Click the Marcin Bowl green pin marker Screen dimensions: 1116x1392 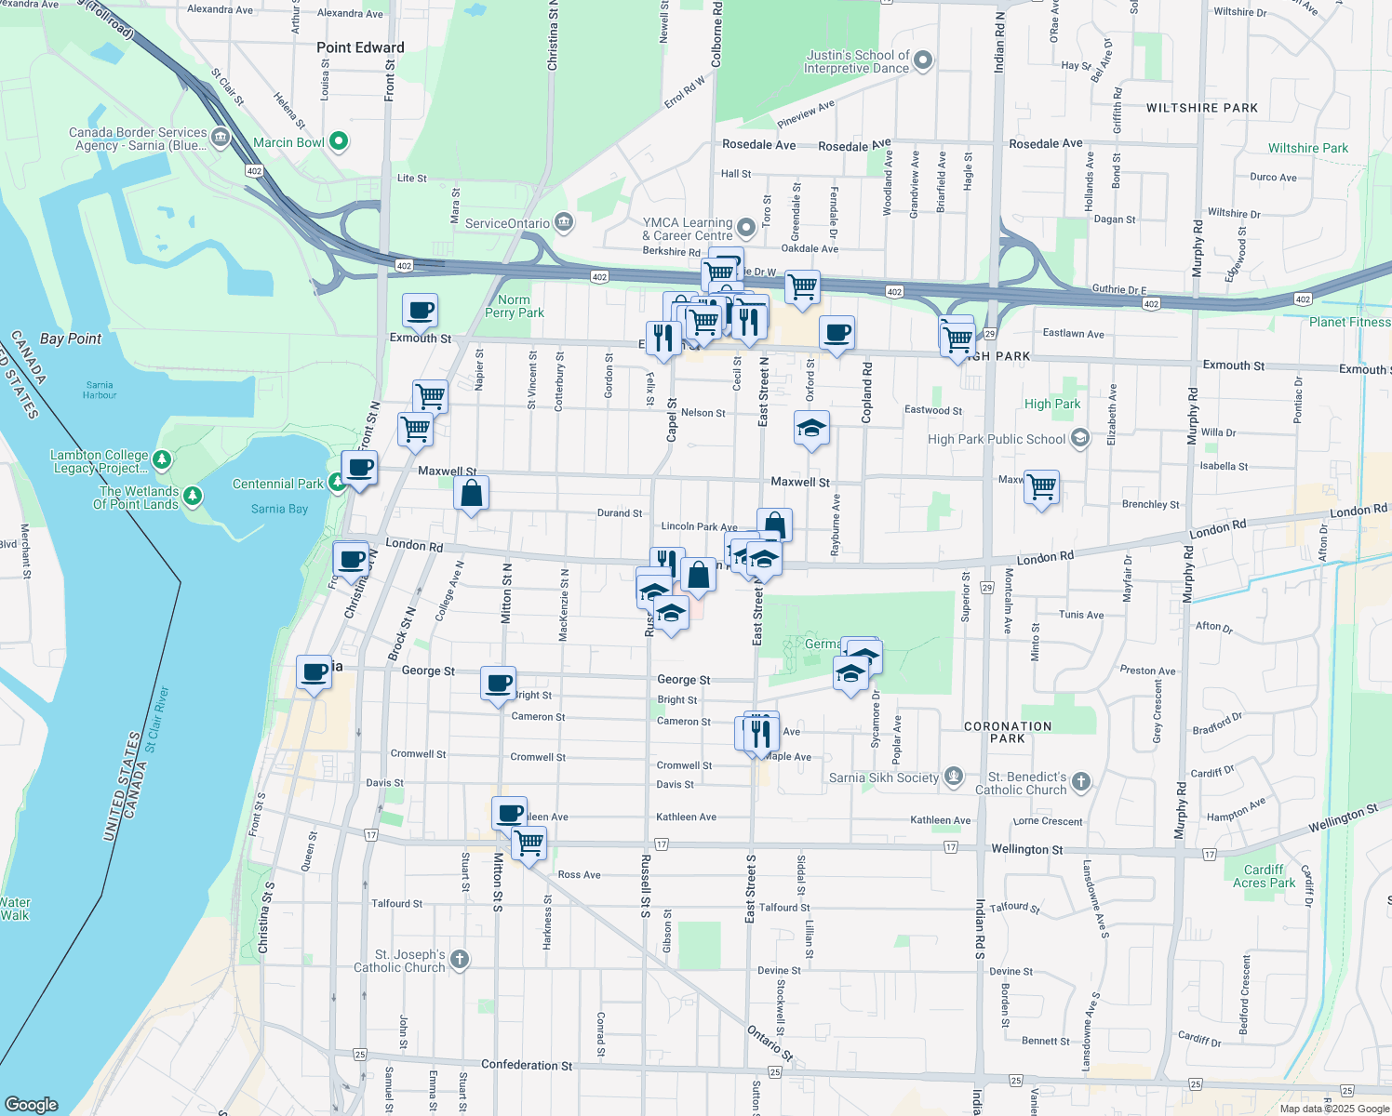339,142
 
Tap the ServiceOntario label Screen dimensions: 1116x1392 508,223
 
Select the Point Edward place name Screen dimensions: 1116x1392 360,47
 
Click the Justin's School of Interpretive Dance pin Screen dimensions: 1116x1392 923,61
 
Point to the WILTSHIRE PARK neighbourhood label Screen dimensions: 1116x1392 1201,108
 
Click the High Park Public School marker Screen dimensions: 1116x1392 1079,439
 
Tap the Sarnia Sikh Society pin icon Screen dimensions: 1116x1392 953,777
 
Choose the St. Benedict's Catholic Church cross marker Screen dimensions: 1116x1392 1080,782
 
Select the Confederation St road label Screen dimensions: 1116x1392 527,1065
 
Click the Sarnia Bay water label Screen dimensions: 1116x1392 279,509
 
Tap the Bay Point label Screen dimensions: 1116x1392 71,339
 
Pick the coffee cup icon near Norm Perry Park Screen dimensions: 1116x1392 420,311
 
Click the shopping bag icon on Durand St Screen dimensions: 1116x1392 472,493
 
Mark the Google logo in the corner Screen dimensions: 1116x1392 31,1104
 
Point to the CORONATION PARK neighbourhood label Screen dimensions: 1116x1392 1008,732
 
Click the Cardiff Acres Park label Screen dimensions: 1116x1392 1264,876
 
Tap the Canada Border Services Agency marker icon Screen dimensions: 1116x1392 221,139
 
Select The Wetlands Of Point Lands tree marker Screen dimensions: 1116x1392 193,497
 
